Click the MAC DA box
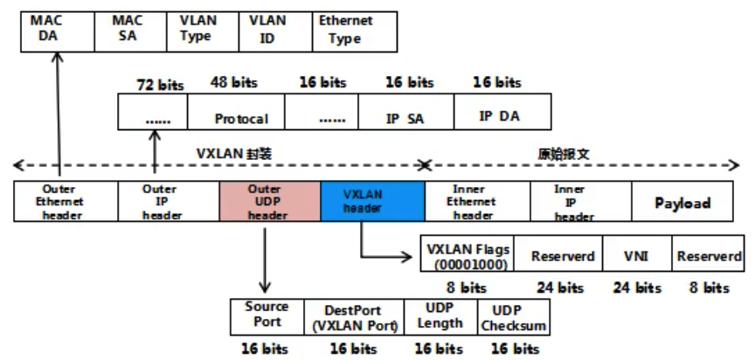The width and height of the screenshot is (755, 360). click(57, 30)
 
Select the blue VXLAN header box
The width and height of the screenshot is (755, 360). click(372, 202)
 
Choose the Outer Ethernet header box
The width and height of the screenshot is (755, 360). click(59, 202)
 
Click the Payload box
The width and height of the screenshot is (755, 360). click(682, 203)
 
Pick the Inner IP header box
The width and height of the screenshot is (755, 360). click(580, 202)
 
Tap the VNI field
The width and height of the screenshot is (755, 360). click(637, 257)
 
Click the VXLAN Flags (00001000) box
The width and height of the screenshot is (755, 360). click(466, 257)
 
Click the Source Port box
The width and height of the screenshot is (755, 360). click(267, 316)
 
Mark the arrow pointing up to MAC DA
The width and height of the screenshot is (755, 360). click(59, 114)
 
